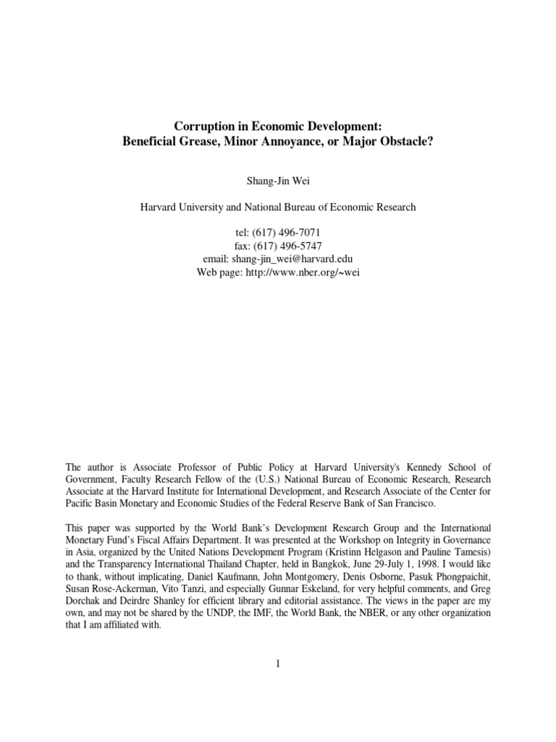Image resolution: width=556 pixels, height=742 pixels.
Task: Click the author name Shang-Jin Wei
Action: (278, 179)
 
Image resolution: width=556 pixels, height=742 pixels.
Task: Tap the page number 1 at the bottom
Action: (277, 667)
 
